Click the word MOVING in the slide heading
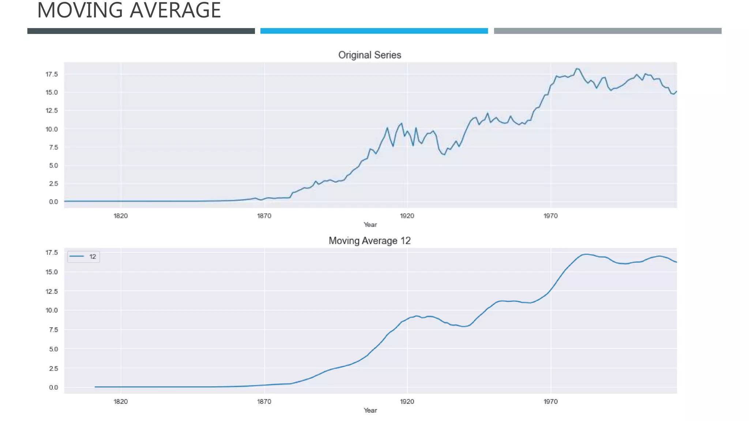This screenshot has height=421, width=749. point(80,10)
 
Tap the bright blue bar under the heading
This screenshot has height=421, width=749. point(374,31)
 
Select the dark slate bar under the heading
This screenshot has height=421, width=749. point(141,31)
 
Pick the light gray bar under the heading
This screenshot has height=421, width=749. point(607,31)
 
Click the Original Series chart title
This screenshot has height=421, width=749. point(369,55)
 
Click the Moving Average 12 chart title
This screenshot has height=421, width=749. point(369,241)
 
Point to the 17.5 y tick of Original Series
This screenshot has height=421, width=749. point(52,75)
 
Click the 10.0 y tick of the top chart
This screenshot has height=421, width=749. point(52,129)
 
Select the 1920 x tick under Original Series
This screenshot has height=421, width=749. point(407,216)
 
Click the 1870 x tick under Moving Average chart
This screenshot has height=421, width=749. point(264,402)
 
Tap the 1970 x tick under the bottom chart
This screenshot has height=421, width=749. point(550,402)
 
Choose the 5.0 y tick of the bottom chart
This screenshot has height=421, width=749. point(53,349)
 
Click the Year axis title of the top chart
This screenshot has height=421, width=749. point(370,225)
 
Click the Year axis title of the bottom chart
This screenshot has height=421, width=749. point(370,410)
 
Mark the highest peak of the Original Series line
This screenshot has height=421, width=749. point(577,69)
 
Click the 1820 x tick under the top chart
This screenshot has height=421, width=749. point(121,216)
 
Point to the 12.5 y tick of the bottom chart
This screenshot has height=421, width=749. point(52,292)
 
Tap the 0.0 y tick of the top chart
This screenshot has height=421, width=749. point(53,202)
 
